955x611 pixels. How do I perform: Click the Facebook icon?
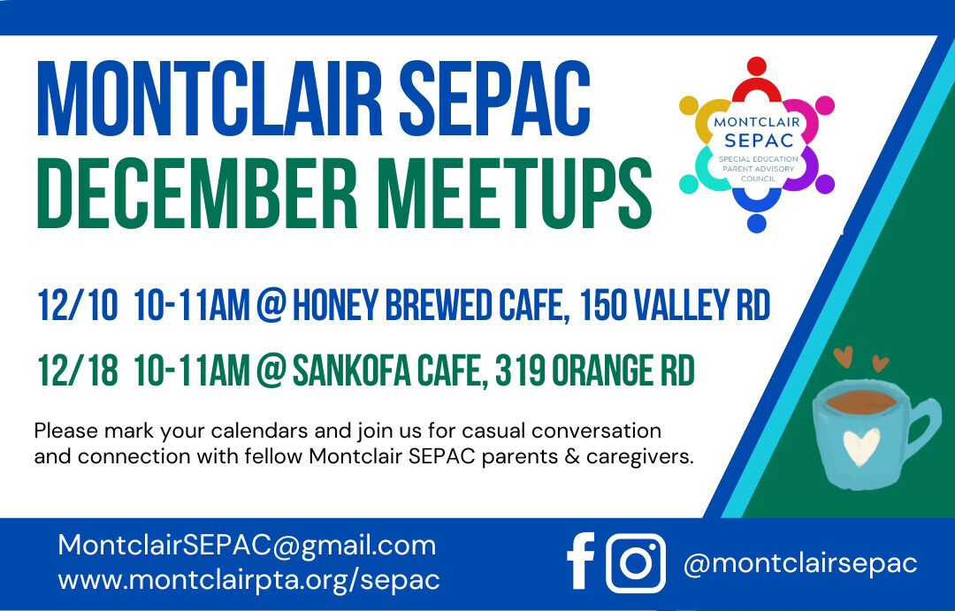[x=581, y=563]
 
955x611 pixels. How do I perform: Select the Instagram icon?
[x=635, y=563]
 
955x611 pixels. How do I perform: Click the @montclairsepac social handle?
[x=800, y=563]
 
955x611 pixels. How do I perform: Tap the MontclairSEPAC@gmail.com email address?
[x=247, y=546]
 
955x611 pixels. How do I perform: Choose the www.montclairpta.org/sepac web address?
[x=248, y=580]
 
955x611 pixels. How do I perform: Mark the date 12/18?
[x=77, y=371]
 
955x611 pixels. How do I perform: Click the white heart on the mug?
[x=860, y=446]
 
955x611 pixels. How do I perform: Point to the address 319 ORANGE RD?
[x=594, y=371]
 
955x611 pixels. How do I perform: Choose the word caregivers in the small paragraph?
[x=638, y=457]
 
